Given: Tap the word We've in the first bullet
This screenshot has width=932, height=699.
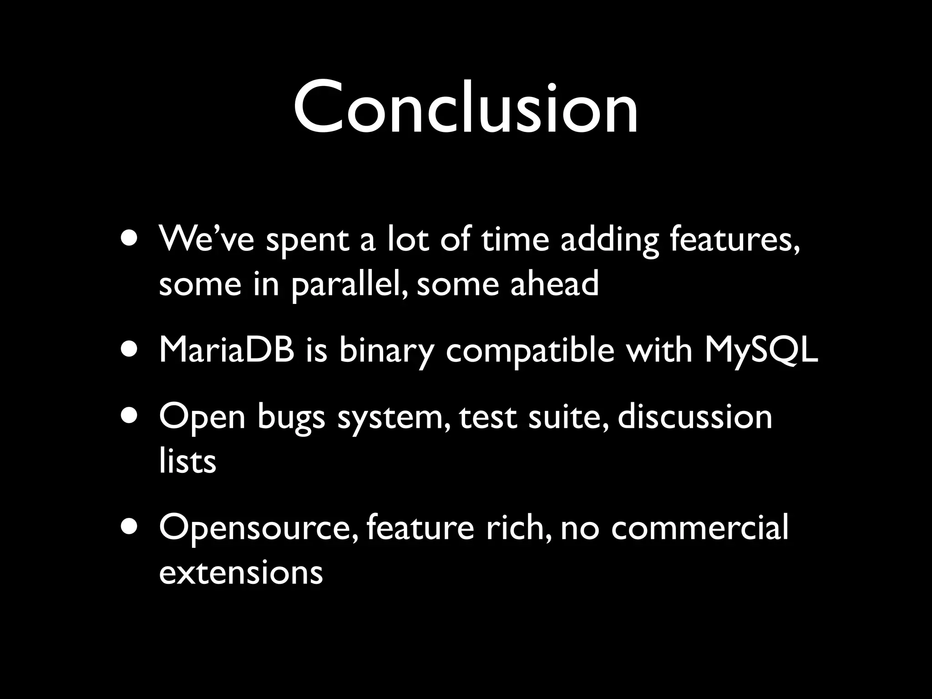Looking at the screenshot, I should pyautogui.click(x=206, y=239).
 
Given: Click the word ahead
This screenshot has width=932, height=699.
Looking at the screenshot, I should pyautogui.click(x=554, y=283).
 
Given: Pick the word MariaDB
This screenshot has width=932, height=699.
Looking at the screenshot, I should pyautogui.click(x=227, y=350).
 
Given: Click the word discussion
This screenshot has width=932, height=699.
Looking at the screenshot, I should pyautogui.click(x=695, y=417).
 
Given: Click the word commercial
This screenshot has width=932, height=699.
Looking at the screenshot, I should pyautogui.click(x=699, y=528).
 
